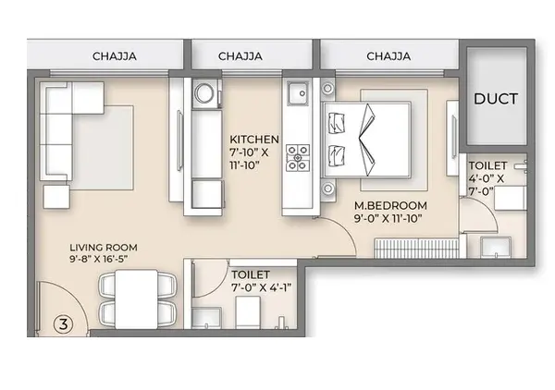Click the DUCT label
(496, 99)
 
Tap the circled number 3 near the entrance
(64, 323)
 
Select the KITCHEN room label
(254, 139)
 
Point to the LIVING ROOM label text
(104, 247)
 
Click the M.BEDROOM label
(390, 205)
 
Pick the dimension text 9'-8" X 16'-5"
(98, 259)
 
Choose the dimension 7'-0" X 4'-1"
(261, 287)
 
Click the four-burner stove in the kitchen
(298, 158)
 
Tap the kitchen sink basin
(298, 93)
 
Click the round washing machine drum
(203, 93)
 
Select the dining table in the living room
(136, 299)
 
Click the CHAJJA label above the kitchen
(240, 56)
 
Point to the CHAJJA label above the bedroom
(388, 56)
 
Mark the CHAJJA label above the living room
(115, 56)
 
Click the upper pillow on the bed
(337, 123)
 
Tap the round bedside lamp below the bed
(328, 189)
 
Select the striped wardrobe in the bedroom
(417, 248)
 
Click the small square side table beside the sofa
(56, 197)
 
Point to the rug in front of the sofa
(103, 148)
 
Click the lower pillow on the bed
(337, 155)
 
